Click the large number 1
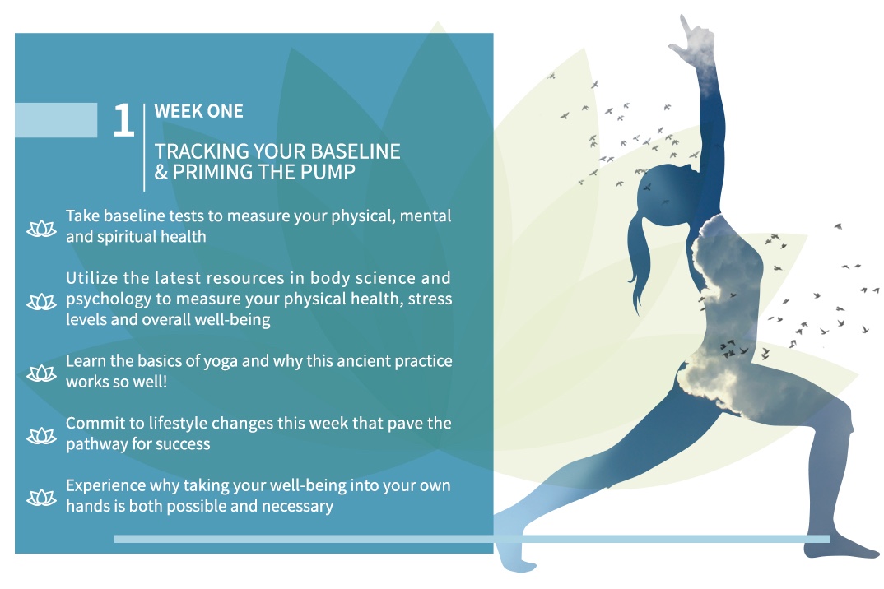(123, 120)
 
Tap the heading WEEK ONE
(198, 111)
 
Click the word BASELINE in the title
(356, 151)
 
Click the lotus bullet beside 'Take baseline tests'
(42, 228)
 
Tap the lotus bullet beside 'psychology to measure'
(42, 302)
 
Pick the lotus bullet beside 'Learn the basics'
(42, 373)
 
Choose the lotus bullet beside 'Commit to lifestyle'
(42, 436)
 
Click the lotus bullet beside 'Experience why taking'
(42, 498)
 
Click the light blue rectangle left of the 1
(56, 120)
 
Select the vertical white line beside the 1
(144, 148)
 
